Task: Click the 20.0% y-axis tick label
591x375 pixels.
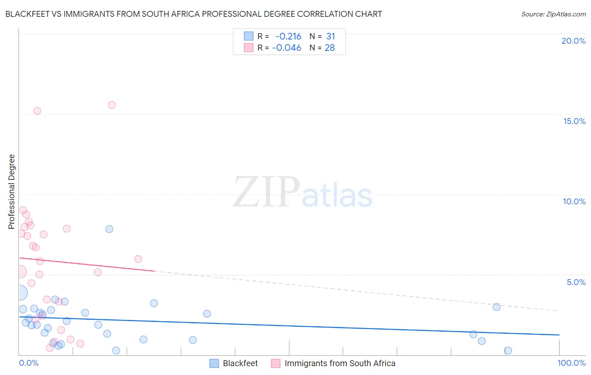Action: click(573, 41)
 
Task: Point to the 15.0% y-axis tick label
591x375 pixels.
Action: click(574, 121)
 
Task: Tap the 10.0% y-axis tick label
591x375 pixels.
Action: click(574, 201)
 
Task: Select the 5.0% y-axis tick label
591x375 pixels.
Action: click(576, 282)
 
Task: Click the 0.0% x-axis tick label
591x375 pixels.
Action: click(29, 363)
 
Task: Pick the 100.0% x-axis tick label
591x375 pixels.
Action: click(571, 363)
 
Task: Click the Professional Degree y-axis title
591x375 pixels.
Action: click(11, 192)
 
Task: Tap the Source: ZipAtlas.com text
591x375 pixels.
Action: click(553, 14)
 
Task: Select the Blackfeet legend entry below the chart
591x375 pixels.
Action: click(234, 363)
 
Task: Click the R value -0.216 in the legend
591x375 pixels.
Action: click(288, 37)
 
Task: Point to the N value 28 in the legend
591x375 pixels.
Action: click(330, 48)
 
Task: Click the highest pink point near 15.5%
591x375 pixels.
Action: click(112, 105)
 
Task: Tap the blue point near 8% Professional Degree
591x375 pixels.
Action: click(109, 229)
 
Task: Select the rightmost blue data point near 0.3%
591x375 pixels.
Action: click(508, 351)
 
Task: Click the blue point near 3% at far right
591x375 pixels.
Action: click(496, 307)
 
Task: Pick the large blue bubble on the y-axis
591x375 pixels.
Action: click(20, 293)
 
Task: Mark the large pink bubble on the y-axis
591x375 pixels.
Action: click(19, 272)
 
